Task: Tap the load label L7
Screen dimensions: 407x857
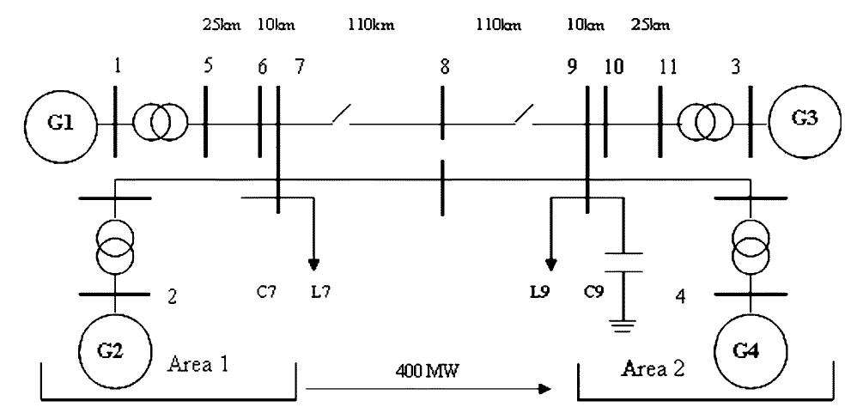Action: (x=320, y=292)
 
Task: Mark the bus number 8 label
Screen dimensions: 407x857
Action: (x=444, y=70)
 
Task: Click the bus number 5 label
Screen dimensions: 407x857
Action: (x=208, y=70)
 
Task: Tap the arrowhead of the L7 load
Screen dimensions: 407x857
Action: (x=314, y=262)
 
